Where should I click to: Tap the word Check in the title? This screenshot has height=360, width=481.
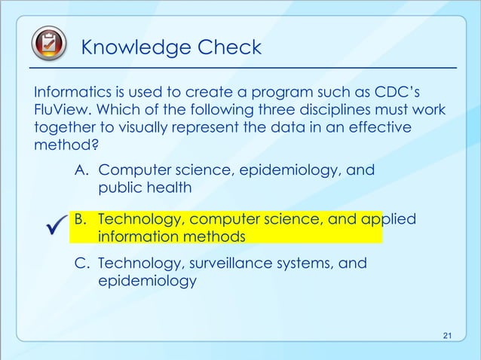point(229,48)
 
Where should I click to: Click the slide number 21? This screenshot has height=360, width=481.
point(448,335)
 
